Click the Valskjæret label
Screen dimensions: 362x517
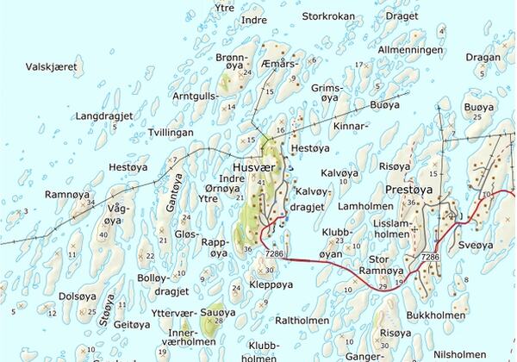[x=52, y=66]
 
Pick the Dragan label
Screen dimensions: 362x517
[x=483, y=57]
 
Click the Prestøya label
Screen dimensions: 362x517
[x=408, y=188]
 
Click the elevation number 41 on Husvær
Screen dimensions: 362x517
[x=263, y=182]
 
